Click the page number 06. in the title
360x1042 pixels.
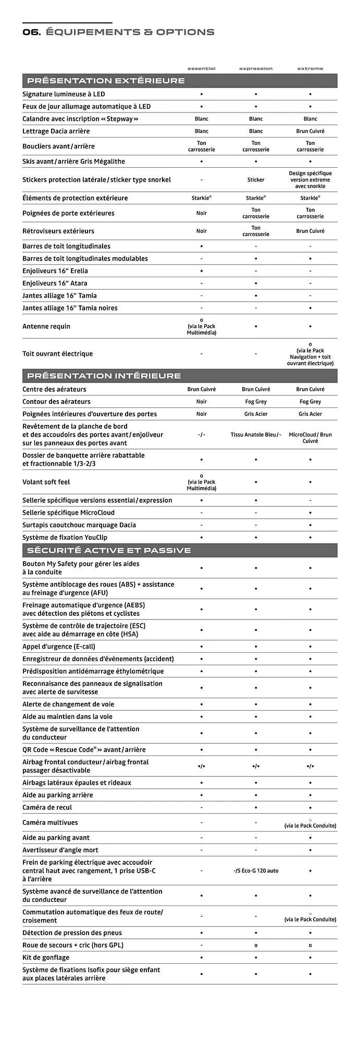[x=31, y=32]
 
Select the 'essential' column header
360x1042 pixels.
[x=201, y=69]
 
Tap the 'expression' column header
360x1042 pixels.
[x=255, y=69]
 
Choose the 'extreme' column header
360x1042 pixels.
[x=310, y=69]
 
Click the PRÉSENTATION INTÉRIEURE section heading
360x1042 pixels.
[x=104, y=376]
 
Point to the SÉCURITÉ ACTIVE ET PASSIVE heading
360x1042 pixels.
[x=109, y=550]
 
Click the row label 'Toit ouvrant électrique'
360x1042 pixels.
[x=57, y=354]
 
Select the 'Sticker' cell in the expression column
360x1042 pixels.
[x=255, y=180]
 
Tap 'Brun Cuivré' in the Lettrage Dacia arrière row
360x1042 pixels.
[x=310, y=131]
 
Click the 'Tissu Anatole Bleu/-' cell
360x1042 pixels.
[x=255, y=435]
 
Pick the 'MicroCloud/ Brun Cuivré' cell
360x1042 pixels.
[x=310, y=438]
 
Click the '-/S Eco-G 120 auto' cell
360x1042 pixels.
[x=255, y=871]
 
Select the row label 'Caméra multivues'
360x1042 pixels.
[x=50, y=823]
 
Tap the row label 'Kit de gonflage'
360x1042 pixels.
[x=46, y=957]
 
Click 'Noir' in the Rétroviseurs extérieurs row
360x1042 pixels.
[x=201, y=231]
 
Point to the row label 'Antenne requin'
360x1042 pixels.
[x=46, y=326]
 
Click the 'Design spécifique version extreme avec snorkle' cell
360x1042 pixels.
[x=310, y=180]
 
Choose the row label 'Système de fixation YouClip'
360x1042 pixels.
[x=65, y=537]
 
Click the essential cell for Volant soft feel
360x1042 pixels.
[x=201, y=482]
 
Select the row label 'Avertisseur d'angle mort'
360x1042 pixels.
[x=60, y=850]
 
